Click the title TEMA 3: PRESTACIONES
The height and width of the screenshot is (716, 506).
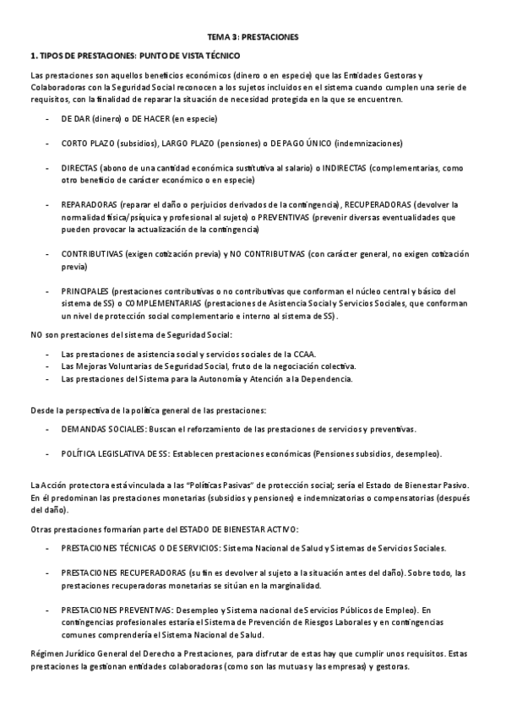click(253, 37)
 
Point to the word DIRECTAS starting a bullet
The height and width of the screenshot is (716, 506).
click(79, 169)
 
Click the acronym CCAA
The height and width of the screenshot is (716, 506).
click(307, 353)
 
